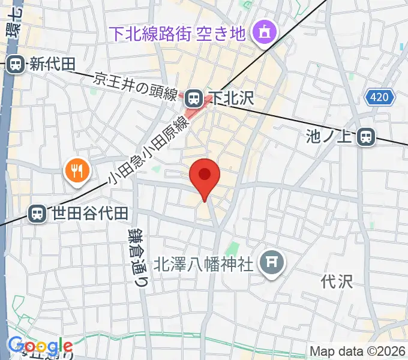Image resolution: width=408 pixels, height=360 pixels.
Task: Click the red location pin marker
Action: [x=205, y=176]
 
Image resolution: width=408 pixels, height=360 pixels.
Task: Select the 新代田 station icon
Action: [x=16, y=63]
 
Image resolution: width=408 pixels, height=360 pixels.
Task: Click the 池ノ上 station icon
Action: [x=365, y=138]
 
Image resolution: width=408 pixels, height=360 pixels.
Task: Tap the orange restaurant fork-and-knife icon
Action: [x=76, y=172]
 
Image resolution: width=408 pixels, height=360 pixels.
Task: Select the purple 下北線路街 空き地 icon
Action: [x=262, y=31]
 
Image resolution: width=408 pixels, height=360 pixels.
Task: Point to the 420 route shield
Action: [x=380, y=97]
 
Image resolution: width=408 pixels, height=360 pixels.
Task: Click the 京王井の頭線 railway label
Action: [x=137, y=86]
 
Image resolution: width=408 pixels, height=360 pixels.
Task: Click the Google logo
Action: [x=40, y=346]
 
